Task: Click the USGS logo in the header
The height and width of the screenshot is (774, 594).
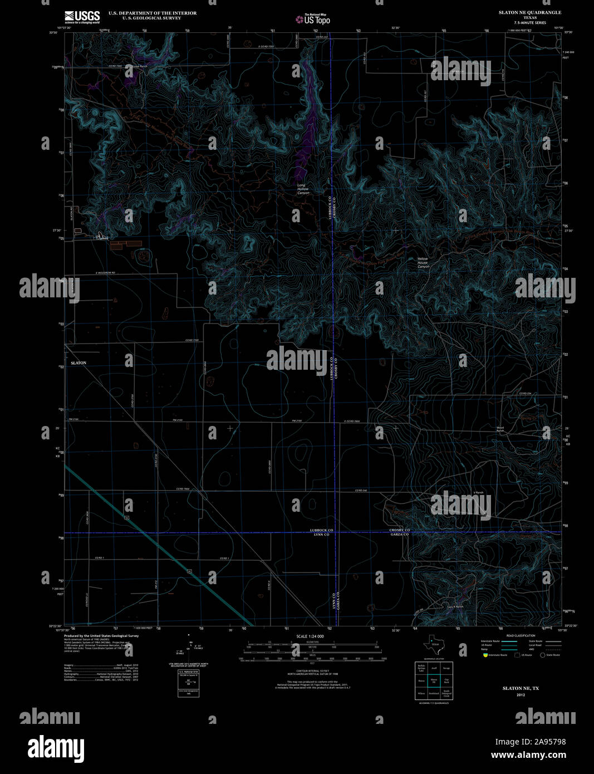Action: pos(82,16)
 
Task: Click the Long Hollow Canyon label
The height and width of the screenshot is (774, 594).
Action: pos(303,189)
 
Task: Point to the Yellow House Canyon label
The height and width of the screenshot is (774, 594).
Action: pos(423,263)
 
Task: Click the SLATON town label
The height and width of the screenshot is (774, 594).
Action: pos(78,363)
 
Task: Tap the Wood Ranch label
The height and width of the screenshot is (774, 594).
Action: pos(500,429)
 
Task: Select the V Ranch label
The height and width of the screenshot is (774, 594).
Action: pos(478,492)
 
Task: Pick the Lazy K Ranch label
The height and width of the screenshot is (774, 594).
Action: pos(455,607)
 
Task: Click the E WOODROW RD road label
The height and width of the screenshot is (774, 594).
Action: pos(104,273)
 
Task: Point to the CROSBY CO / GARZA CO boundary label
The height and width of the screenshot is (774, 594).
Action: pos(399,532)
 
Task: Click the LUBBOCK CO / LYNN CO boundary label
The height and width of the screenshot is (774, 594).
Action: pos(322,532)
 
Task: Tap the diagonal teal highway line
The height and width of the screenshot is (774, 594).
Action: pos(156,543)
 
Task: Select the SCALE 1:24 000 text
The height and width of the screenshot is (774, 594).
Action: pos(310,636)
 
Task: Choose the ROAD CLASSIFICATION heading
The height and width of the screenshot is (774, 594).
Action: pos(521,635)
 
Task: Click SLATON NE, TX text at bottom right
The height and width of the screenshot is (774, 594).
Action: pos(521,688)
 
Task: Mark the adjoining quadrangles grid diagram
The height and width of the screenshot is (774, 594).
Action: pos(434,680)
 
